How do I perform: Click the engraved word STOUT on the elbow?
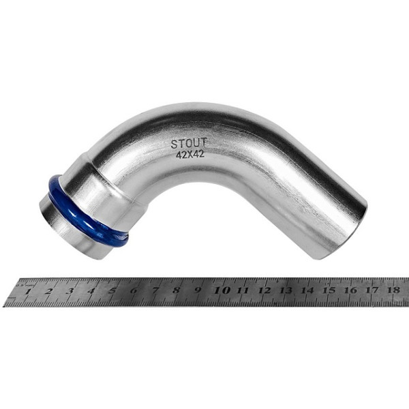[189, 143]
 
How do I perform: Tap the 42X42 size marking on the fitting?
[190, 155]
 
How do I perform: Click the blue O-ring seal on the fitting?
[88, 210]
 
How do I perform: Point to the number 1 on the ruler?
[27, 291]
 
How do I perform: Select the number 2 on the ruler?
[48, 291]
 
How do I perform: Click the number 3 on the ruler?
[70, 291]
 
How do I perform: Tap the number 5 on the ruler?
[112, 291]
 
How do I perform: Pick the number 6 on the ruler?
[134, 290]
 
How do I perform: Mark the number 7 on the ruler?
[155, 290]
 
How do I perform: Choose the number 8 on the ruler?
[177, 290]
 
